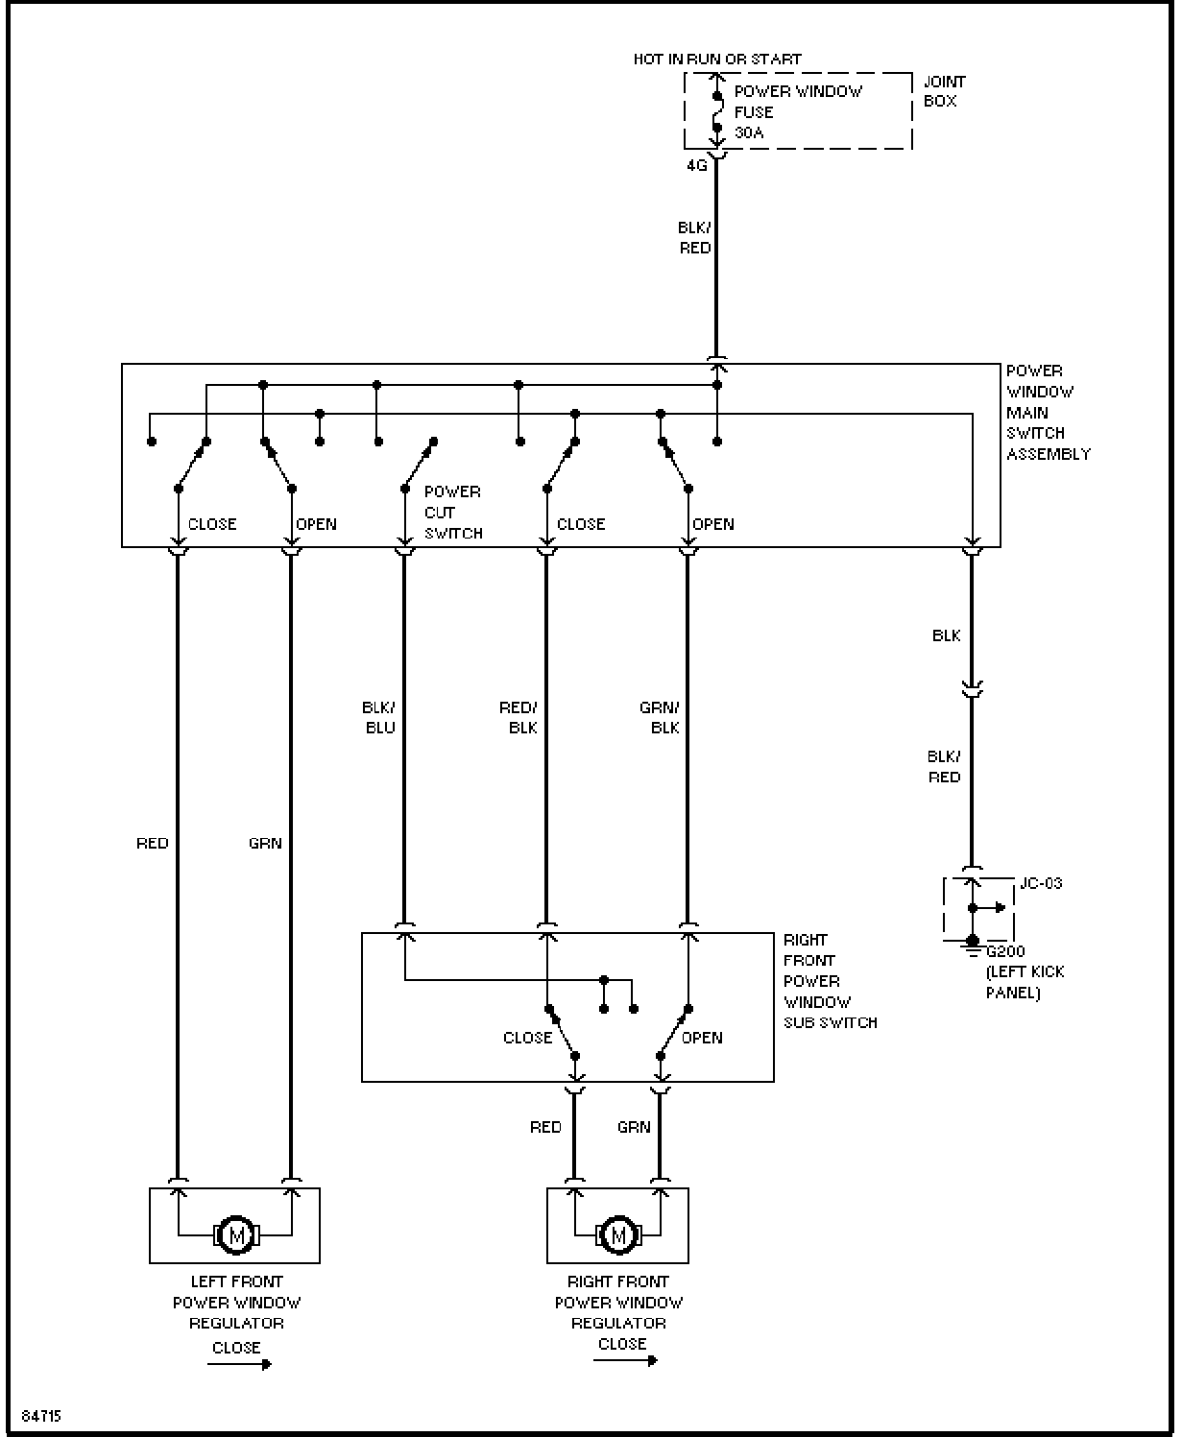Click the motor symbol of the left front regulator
point(236,1234)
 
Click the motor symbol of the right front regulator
point(618,1234)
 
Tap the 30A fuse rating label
point(748,132)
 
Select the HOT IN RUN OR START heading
point(717,60)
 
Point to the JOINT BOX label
point(944,91)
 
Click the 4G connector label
point(697,165)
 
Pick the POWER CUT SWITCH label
point(453,513)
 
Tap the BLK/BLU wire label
point(378,717)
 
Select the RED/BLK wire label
point(519,717)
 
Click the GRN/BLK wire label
point(659,717)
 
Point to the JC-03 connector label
point(1041,883)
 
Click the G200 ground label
point(1005,951)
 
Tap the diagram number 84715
point(41,1416)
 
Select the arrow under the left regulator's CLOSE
point(239,1364)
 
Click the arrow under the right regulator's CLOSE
point(625,1361)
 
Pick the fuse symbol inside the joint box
point(717,111)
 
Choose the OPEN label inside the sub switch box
point(702,1038)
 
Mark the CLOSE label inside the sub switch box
point(527,1038)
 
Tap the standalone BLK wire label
point(946,635)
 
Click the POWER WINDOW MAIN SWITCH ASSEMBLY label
point(1049,412)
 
